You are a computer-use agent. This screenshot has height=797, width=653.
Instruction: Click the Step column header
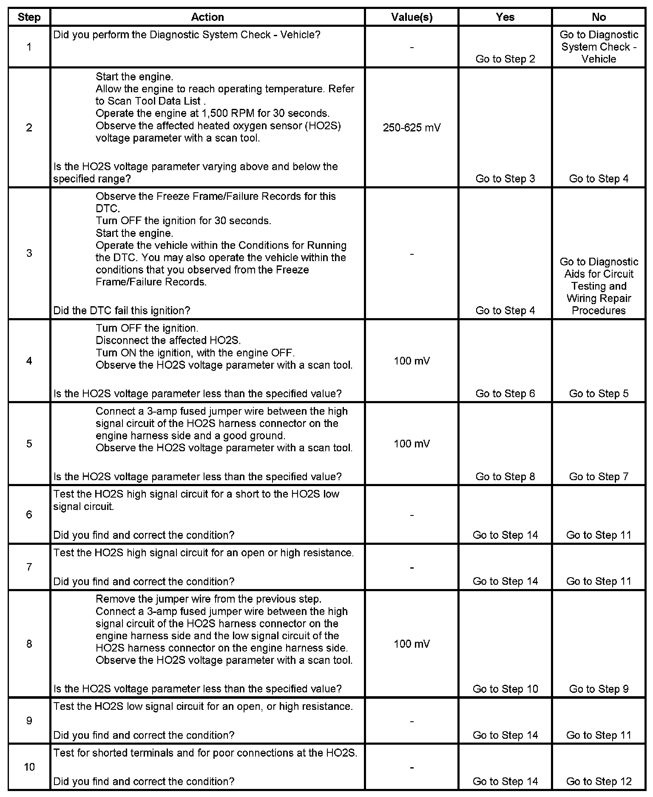(29, 17)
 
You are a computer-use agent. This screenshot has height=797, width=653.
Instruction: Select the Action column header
(207, 17)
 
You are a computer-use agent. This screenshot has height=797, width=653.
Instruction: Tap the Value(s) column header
(412, 17)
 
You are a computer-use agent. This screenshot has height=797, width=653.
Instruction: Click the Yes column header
(505, 17)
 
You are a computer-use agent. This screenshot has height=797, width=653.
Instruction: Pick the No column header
(599, 17)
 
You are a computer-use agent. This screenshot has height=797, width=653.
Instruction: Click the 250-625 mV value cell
(412, 128)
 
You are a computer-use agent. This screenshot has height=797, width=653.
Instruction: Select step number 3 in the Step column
(29, 253)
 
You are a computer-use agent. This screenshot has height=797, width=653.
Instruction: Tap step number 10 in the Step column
(29, 767)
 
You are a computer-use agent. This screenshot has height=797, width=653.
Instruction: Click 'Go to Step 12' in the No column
(599, 781)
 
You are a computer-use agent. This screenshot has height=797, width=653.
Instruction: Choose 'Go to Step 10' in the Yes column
(505, 689)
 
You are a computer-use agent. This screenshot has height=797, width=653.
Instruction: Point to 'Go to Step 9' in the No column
(599, 689)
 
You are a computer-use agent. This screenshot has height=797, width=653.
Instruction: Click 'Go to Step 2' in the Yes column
(505, 59)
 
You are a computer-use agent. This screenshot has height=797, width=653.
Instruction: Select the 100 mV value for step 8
(412, 644)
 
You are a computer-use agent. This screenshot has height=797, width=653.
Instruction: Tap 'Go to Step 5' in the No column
(599, 393)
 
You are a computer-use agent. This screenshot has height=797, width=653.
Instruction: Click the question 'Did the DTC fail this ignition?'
(122, 310)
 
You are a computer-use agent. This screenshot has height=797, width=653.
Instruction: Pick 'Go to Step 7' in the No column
(599, 477)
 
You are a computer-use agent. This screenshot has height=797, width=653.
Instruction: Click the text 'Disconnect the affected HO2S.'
(168, 340)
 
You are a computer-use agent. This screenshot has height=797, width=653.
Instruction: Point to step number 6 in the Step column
(29, 515)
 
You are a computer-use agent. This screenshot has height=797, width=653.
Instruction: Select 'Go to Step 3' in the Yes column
(505, 179)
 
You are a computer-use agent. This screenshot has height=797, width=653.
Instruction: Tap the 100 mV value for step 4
(412, 361)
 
